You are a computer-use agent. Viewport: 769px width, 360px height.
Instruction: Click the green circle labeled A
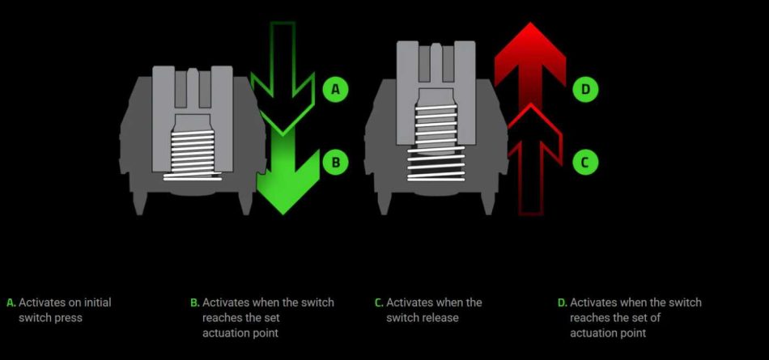tap(335, 89)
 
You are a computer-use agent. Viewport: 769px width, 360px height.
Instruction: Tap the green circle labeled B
tap(335, 161)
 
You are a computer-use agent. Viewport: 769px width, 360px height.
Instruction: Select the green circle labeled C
tap(585, 161)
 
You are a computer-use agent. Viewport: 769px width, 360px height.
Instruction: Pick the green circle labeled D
tap(585, 89)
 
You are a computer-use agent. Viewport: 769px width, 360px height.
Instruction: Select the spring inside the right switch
tap(436, 142)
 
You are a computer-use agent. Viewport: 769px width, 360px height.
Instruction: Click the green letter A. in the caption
tap(11, 303)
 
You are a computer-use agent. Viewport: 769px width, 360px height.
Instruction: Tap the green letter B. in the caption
tap(195, 303)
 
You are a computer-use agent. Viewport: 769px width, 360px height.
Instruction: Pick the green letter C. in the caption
tap(379, 303)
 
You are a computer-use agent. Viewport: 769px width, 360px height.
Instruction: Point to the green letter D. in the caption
tap(563, 303)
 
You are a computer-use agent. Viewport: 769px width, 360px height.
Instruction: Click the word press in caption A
tap(68, 319)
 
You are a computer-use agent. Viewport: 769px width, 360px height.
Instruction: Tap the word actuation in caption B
tap(222, 333)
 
